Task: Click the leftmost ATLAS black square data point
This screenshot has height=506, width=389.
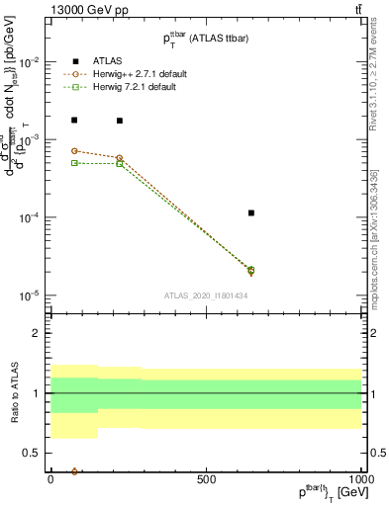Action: (74, 120)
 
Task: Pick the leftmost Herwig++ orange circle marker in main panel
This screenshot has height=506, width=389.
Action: (74, 151)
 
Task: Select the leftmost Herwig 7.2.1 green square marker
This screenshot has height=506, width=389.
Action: (74, 163)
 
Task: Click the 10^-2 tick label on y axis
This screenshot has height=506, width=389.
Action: (29, 61)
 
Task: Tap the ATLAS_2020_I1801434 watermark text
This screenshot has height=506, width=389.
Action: (206, 295)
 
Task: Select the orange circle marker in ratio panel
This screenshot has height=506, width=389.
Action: (74, 471)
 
